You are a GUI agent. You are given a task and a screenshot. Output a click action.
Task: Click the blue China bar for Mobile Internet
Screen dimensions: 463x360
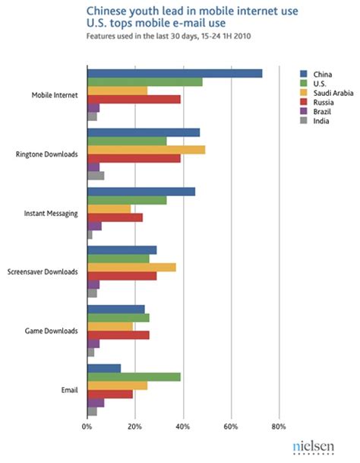click(x=175, y=73)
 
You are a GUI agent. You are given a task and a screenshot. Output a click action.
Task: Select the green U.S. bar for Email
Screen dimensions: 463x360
click(x=134, y=377)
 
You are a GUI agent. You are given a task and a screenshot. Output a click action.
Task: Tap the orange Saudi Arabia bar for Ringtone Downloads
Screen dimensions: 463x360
click(x=146, y=150)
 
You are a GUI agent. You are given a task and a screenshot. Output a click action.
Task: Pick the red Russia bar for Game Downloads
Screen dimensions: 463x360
click(x=118, y=335)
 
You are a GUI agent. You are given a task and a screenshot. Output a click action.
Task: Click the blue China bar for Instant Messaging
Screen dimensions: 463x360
click(x=141, y=191)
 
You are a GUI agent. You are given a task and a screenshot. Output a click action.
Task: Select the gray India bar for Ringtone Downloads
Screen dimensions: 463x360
click(x=96, y=176)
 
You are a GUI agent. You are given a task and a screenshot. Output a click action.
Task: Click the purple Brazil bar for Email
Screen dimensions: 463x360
click(x=96, y=402)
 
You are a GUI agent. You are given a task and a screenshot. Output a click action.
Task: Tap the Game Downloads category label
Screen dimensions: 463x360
click(x=50, y=331)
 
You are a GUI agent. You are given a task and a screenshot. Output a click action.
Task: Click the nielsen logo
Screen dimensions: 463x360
click(x=314, y=449)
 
